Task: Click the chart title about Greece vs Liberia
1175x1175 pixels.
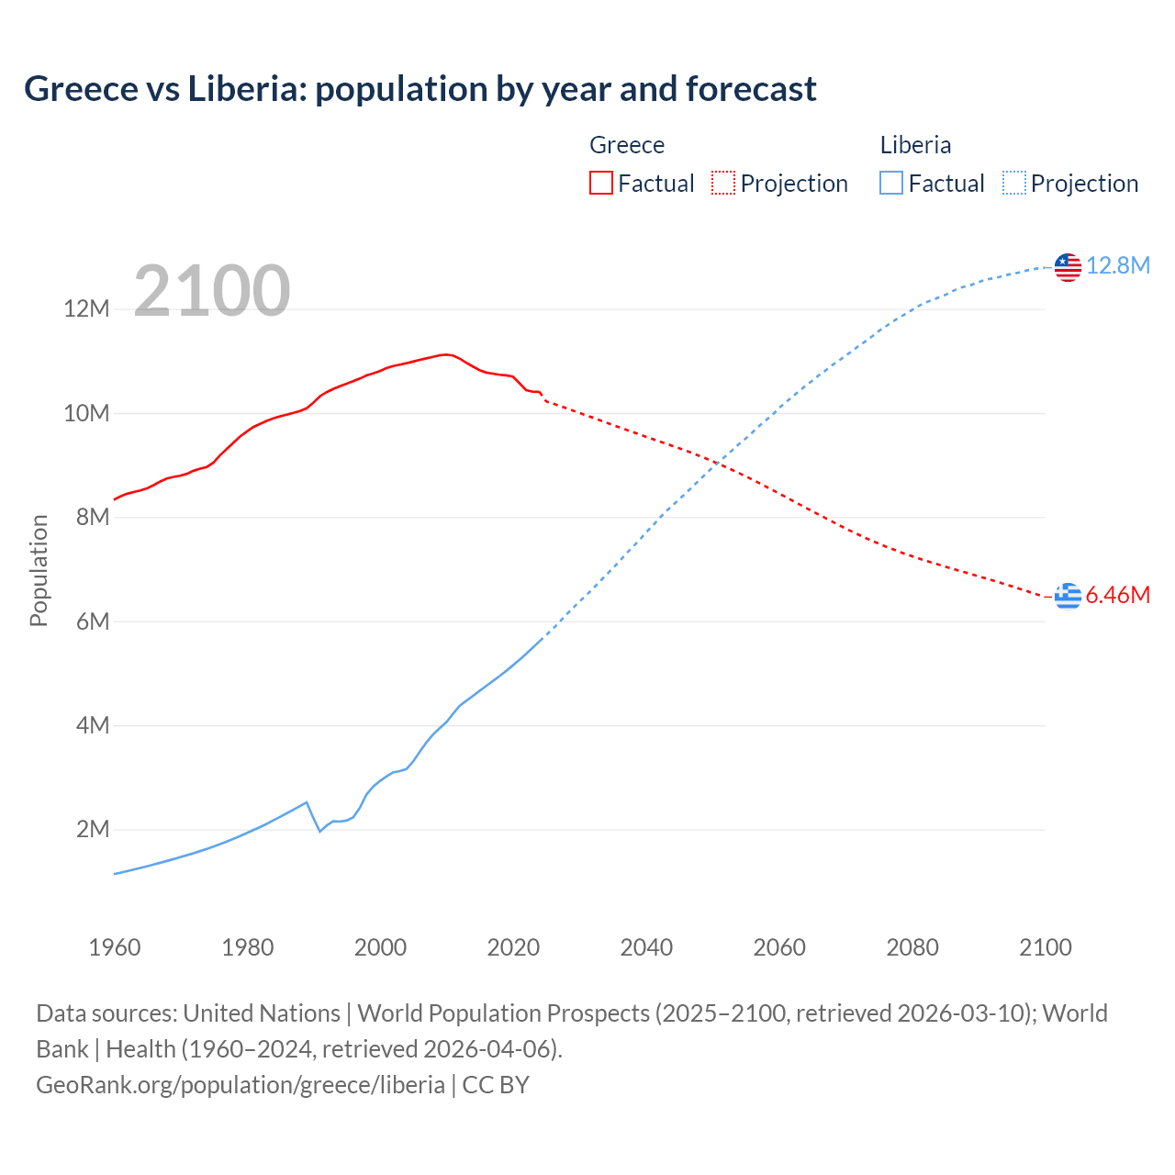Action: pos(420,89)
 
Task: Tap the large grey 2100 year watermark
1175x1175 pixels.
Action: pos(212,291)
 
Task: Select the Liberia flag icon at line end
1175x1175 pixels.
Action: pos(1068,267)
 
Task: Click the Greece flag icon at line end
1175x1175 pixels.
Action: pos(1068,596)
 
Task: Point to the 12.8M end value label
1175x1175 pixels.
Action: pos(1118,266)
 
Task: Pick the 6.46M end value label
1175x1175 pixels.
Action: pos(1118,596)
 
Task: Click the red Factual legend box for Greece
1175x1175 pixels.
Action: pos(601,184)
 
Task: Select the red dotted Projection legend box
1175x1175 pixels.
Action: pos(723,184)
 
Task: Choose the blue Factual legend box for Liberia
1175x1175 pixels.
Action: pos(891,184)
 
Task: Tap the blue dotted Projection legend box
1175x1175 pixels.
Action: pos(1014,184)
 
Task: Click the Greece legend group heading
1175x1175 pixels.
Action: pos(627,145)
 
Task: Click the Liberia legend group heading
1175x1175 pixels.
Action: pos(915,145)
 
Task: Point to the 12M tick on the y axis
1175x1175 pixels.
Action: pos(86,309)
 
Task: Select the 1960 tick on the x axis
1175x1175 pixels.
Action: pos(115,947)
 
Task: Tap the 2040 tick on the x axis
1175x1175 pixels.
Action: pos(646,947)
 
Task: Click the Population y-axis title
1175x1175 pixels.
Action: pos(39,570)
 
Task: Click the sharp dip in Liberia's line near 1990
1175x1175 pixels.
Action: pos(319,831)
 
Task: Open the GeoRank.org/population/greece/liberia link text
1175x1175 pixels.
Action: pos(241,1085)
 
